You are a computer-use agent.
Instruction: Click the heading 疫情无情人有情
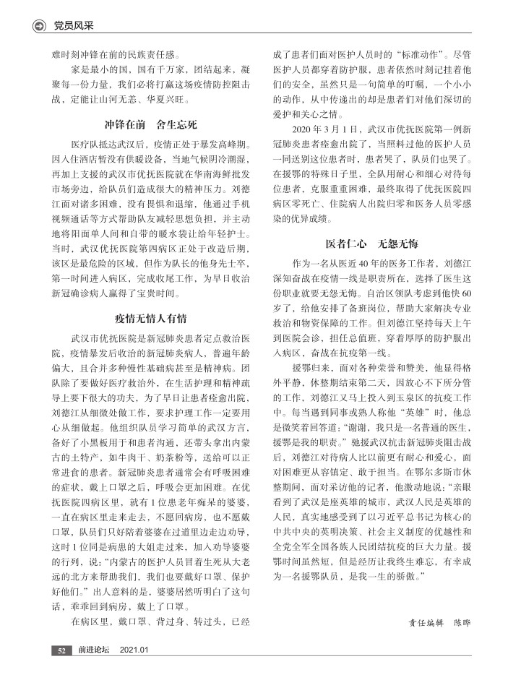pos(145,317)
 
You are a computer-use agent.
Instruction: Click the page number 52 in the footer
pos(63,650)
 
